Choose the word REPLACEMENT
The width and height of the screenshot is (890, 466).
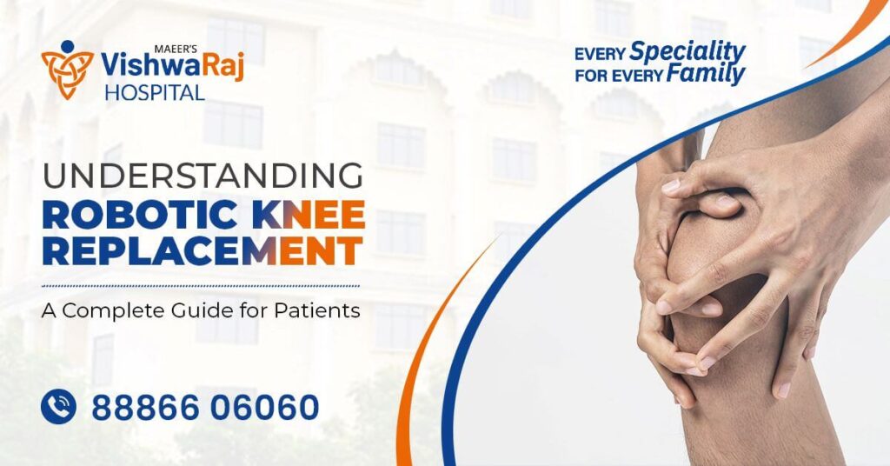(x=202, y=251)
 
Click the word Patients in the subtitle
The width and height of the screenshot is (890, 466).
(x=315, y=310)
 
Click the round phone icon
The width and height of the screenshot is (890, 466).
(x=58, y=407)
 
